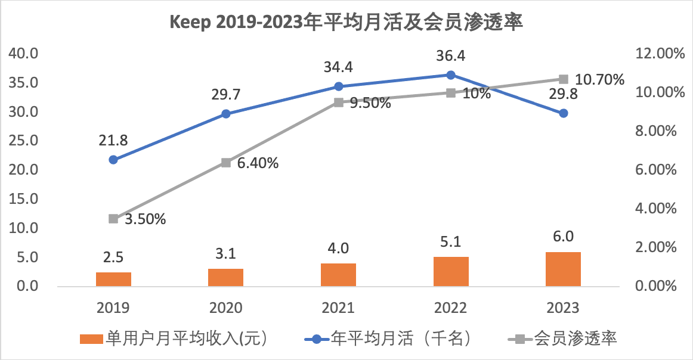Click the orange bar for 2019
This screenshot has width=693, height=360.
113,279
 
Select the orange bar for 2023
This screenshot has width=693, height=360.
563,269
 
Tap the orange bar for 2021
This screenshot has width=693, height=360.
338,275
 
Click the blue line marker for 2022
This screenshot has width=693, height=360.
451,75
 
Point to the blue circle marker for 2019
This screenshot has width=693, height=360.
113,160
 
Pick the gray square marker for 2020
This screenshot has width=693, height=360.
226,163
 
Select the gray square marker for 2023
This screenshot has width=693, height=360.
563,79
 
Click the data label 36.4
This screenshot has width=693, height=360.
451,56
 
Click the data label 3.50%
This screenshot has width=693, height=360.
145,219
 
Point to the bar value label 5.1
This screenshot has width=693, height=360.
451,243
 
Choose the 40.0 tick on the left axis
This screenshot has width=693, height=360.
24,54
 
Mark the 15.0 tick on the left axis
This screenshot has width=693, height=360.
24,199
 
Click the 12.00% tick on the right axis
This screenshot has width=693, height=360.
658,54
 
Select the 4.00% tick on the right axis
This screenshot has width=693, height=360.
658,209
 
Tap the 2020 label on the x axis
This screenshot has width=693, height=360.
226,308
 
